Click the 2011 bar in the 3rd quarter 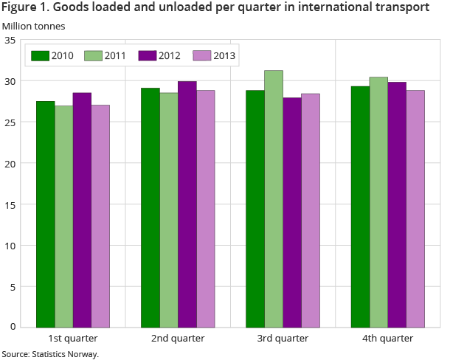coord(274,198)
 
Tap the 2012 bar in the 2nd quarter coord(187,204)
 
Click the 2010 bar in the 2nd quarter coord(150,207)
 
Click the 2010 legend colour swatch coord(40,55)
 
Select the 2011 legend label coord(116,55)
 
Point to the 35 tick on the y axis coord(10,40)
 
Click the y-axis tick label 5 coord(13,285)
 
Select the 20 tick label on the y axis coord(10,163)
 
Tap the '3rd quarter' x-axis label coord(283,338)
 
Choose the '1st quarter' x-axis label coord(72,338)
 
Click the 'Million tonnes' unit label coord(33,26)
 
